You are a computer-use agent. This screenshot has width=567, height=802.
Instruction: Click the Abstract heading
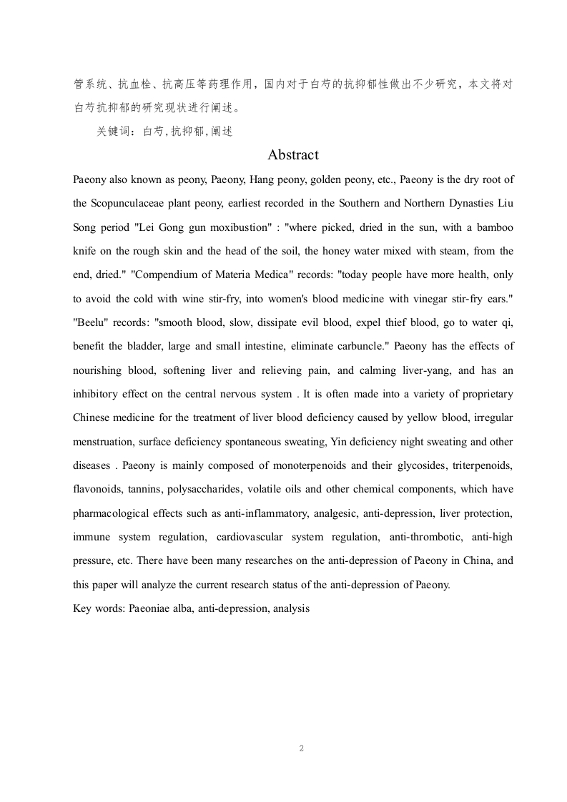[293, 155]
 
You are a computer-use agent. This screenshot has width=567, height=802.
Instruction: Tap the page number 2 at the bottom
[302, 748]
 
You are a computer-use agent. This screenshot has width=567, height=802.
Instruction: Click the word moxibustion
[235, 227]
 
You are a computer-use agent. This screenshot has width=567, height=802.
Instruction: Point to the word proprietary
[485, 394]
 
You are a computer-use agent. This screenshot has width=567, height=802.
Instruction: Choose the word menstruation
[105, 442]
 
